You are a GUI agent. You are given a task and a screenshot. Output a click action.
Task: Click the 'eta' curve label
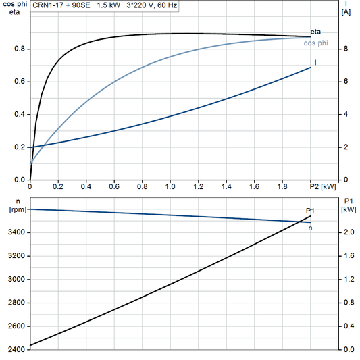click(315, 32)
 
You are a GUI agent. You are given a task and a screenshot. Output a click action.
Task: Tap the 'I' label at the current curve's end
click(316, 62)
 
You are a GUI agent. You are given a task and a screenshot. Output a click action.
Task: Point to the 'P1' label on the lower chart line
click(310, 211)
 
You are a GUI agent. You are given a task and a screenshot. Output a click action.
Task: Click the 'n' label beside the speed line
click(310, 228)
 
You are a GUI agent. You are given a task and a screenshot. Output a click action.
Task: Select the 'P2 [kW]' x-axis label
click(322, 186)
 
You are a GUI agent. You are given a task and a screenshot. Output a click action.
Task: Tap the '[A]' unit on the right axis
click(346, 12)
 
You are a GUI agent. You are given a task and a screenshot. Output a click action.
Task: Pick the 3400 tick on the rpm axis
click(14, 232)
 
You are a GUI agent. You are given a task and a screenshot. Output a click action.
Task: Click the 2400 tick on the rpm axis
click(14, 350)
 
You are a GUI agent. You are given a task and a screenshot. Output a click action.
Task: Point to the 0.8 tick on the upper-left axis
click(20, 49)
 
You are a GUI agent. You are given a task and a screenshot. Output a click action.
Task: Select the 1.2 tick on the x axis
click(199, 186)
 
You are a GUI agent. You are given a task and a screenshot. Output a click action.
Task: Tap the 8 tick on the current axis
click(345, 49)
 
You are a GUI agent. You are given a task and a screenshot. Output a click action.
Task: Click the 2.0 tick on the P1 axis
click(349, 232)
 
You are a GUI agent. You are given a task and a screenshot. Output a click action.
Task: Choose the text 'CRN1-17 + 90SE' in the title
click(60, 5)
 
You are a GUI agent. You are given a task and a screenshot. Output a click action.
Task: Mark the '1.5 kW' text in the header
click(109, 5)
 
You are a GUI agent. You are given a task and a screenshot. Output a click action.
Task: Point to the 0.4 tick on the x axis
click(86, 186)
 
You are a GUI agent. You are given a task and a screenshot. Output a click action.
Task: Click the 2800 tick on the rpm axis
click(14, 303)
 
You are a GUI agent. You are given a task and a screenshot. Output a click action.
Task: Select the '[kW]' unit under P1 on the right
click(349, 209)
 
